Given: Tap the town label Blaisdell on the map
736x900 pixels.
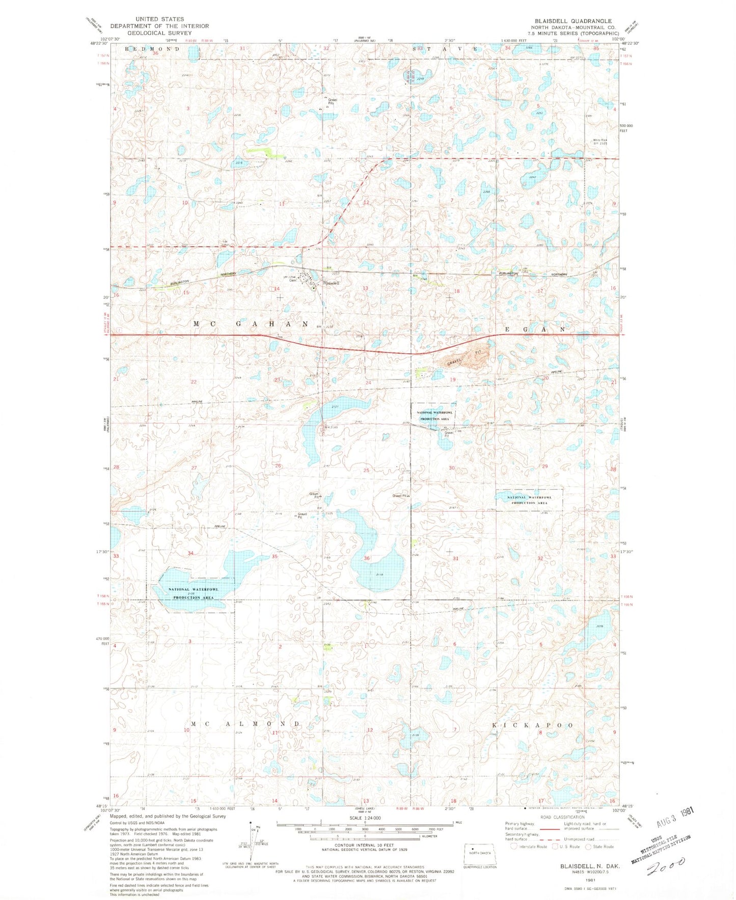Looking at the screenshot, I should (331, 283).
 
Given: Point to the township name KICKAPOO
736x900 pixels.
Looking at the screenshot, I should (532, 725).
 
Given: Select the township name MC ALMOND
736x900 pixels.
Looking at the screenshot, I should (246, 724).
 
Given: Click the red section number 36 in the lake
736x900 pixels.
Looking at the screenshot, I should (367, 558).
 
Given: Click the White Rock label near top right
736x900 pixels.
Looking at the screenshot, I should (601, 141).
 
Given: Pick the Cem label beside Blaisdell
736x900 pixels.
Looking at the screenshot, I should (292, 281).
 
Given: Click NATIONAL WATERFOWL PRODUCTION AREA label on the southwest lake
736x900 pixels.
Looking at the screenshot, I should (194, 593).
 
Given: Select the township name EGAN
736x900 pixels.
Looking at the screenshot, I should (535, 330).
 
